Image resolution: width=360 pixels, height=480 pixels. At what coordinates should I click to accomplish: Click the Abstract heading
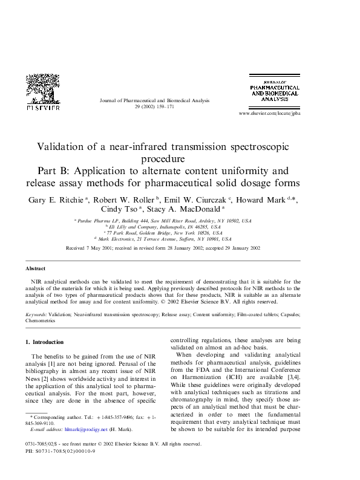click(35, 268)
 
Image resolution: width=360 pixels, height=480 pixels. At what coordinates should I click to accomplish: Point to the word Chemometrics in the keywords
click(41, 321)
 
